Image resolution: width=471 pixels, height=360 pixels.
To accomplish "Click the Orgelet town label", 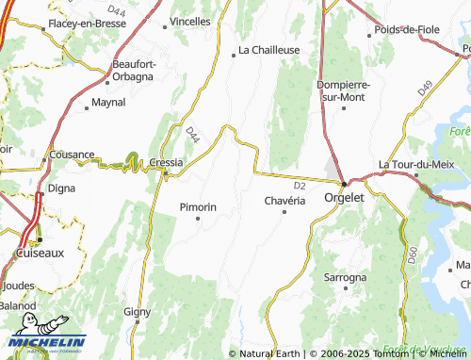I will pos(344,198).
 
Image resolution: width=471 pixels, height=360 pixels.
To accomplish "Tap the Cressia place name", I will pos(166,162).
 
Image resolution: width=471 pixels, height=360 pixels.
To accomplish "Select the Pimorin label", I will pos(198,206).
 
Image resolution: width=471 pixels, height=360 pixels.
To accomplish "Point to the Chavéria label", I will pos(285,200).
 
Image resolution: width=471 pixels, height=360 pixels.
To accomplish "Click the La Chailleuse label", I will pos(268,50).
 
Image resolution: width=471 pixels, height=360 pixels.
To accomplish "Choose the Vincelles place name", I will pos(190,20).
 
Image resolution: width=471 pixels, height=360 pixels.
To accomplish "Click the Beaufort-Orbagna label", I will pos(134,70).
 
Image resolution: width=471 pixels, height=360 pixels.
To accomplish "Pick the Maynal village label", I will pos(109,103).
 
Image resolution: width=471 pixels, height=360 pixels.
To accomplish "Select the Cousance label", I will pos(72,155).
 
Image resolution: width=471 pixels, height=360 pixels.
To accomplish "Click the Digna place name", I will pos(61,188).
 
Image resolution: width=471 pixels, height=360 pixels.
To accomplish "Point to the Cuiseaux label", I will pos(39,254).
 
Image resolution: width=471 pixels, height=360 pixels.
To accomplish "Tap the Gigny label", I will pos(138,310).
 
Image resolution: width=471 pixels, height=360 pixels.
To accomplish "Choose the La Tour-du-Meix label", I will pos(416,164).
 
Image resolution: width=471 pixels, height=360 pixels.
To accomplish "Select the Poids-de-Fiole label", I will pos(407,29).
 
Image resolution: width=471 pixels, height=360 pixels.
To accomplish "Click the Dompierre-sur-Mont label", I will pos(345,90).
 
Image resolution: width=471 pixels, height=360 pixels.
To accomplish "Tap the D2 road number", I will pos(300,186).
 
